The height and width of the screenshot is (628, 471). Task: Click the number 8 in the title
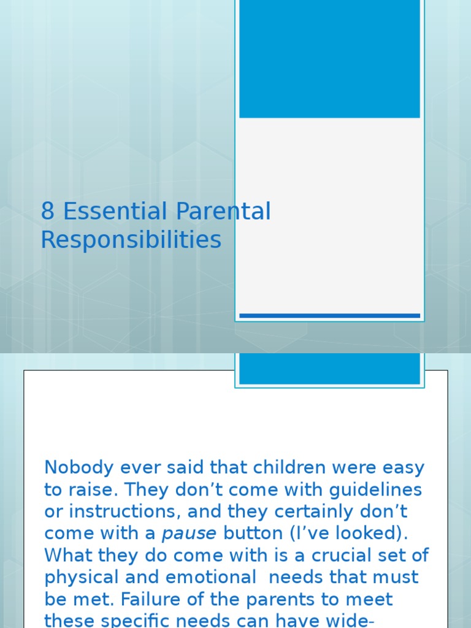coord(48,212)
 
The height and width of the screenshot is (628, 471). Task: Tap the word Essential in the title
coord(116,212)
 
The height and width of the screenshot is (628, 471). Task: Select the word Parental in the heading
coord(223,212)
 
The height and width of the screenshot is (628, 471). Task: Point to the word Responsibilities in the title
coord(131,240)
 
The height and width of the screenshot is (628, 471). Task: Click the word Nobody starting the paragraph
coord(78,468)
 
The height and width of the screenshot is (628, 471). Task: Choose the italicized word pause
coord(189,534)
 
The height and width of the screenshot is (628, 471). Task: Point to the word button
coord(257,534)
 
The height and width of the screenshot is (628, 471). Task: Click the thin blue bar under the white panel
coord(329,316)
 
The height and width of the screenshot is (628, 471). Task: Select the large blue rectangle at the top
coord(329,58)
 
